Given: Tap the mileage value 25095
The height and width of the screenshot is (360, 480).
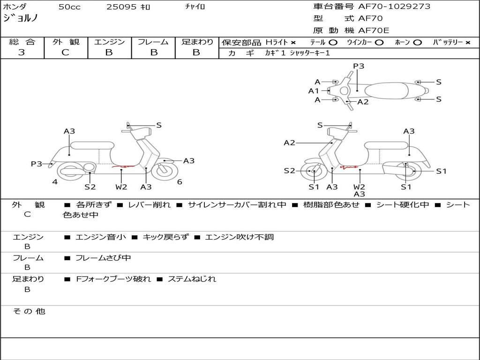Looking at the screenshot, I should coord(121,7).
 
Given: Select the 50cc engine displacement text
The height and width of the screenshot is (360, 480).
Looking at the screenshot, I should coord(69,7).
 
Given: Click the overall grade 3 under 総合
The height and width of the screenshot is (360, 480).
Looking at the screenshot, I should coord(22,52).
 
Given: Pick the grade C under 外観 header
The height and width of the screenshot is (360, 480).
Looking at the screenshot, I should coord(66,52).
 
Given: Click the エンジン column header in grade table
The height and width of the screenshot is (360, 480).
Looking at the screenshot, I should coord(109,42).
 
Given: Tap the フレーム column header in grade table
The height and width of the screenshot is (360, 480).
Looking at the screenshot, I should coord(153,42).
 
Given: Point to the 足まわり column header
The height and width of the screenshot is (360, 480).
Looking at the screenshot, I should coord(197,42).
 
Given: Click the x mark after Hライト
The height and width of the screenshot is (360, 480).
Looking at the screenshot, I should coord(293,43).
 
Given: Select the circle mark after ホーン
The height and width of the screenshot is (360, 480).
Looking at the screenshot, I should coord(417,43).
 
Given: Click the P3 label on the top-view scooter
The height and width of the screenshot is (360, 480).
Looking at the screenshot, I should coord(359,66).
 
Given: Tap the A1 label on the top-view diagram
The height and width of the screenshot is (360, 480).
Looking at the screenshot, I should coord(314,91).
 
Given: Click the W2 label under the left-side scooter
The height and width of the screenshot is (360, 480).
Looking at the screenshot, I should coord(121,187).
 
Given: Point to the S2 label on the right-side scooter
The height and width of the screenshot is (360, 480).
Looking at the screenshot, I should coord(289,171).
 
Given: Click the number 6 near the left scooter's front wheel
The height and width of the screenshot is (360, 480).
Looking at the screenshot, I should coord(180,182).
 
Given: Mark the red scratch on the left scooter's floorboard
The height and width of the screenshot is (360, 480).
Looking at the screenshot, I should coord(123,166).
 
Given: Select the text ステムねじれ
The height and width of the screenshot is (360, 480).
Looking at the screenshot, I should coord(192,279).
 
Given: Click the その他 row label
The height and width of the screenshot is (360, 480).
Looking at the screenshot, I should coord(29,311).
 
